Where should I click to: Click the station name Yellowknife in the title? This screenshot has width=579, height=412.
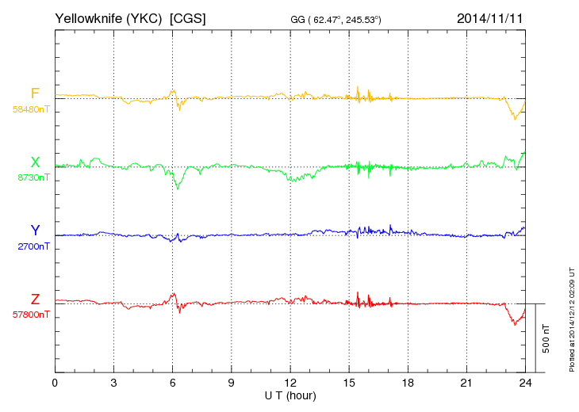[86, 17]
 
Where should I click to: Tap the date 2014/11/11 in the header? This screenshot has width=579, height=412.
[489, 17]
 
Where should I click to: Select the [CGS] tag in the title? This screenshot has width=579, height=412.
[188, 17]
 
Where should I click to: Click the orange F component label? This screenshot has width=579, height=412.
[35, 94]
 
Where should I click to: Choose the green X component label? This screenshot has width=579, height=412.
[35, 162]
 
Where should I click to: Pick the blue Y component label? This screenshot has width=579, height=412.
[35, 231]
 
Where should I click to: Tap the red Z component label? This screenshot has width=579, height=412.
[35, 299]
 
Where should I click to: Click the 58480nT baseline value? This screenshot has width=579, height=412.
[30, 109]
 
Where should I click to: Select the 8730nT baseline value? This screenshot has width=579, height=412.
[33, 177]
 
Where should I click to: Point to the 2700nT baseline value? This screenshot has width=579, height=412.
[33, 246]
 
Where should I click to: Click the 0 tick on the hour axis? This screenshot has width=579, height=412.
[55, 383]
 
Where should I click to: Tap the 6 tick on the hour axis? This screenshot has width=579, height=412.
[172, 383]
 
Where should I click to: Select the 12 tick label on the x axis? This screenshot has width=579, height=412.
[290, 383]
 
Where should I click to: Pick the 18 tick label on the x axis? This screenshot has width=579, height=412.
[408, 383]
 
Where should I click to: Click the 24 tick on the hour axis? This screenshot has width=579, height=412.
[525, 383]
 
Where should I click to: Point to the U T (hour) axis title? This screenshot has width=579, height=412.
[290, 395]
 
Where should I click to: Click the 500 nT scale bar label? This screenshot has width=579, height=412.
[546, 338]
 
